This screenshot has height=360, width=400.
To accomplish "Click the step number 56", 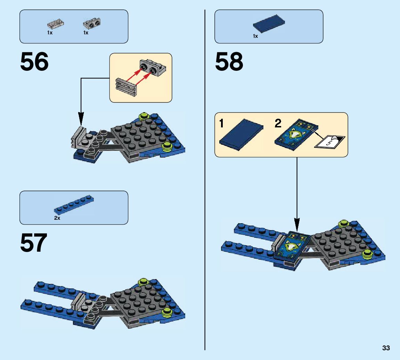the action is (x=34, y=62).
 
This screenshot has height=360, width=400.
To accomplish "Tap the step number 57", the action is (x=33, y=243).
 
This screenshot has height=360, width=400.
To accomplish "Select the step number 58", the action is (x=229, y=62).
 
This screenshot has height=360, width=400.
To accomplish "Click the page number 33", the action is (x=386, y=348).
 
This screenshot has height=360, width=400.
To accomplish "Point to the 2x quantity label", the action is (x=57, y=218).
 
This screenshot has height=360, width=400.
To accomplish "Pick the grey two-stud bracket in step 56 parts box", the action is (x=92, y=24).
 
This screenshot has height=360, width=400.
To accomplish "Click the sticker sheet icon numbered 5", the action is (x=330, y=142).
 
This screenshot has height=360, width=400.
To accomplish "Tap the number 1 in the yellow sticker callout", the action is (x=221, y=124).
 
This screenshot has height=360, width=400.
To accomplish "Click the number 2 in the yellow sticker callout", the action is (x=278, y=124).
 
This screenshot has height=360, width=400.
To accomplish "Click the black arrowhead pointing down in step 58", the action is (x=297, y=222).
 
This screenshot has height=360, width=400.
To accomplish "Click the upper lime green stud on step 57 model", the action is (x=143, y=282).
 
